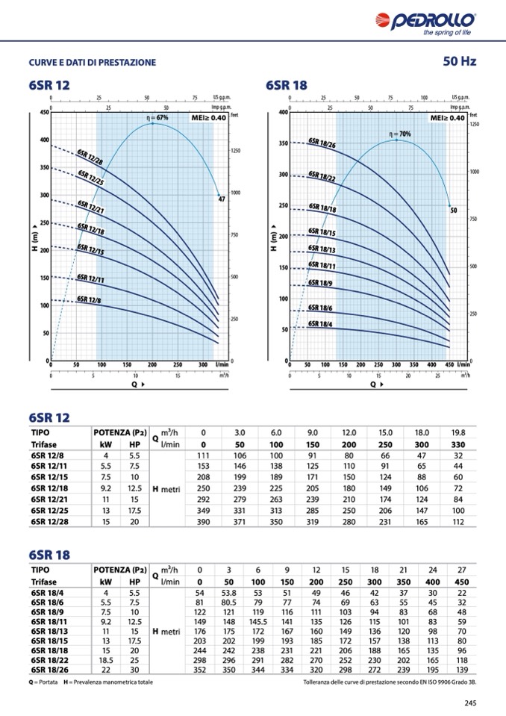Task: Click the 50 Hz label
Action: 459,61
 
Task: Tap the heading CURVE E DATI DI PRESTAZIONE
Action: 93,62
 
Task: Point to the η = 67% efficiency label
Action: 157,118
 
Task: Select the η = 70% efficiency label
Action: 400,134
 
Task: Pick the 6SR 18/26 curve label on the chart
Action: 322,143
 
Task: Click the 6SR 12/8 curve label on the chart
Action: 89,299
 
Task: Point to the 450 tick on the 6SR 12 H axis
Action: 44,113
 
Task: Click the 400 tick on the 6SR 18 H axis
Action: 283,113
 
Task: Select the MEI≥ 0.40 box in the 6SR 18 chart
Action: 447,118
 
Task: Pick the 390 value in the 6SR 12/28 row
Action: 202,521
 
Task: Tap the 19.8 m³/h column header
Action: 458,432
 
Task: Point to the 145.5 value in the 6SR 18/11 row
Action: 258,620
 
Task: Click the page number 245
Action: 470,703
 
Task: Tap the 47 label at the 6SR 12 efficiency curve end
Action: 221,199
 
